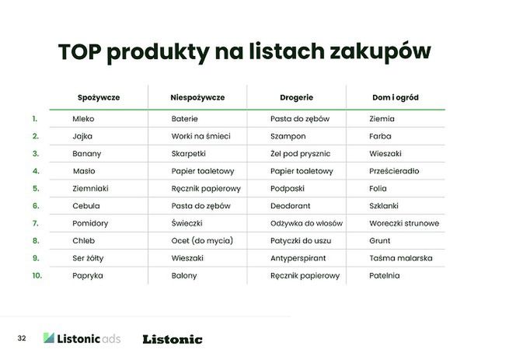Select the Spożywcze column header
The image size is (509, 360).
99,98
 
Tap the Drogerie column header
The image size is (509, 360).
296,98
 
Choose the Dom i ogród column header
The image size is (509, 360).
395,98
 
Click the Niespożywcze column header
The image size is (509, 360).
197,98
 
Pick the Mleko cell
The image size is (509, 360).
83,119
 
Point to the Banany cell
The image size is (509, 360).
86,154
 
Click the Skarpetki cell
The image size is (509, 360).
189,154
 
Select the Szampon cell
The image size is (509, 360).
288,136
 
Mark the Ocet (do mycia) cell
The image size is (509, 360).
202,240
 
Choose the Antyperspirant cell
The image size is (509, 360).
298,258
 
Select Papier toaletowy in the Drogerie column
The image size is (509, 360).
302,171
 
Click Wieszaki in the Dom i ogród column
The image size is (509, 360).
385,154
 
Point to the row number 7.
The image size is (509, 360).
36,223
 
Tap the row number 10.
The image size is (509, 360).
37,275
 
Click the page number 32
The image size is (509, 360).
22,338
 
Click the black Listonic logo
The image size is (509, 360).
173,339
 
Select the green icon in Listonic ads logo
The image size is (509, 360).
50,338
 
